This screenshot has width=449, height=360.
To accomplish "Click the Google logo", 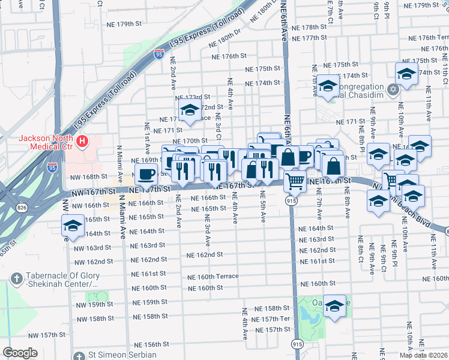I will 20,353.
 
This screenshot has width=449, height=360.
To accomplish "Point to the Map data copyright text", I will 423,355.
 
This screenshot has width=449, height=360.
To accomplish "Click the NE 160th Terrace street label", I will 212,277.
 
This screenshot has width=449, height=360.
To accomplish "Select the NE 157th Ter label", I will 273,319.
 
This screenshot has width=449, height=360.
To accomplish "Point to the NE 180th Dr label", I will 224,40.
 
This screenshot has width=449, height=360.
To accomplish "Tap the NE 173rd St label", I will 193,97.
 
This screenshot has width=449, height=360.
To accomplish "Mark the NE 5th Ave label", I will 263,210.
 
